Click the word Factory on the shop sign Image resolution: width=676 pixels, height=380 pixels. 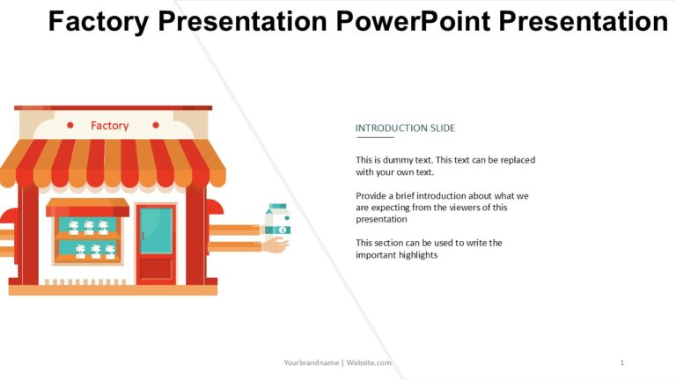[x=109, y=126]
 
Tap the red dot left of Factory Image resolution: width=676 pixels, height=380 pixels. [x=70, y=126]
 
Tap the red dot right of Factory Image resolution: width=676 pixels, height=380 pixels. [x=156, y=126]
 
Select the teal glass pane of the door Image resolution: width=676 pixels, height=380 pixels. [x=156, y=230]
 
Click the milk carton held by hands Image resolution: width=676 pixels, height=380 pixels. [x=277, y=219]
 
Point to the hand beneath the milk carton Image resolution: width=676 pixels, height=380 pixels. [x=276, y=245]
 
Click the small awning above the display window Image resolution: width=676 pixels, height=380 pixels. [x=87, y=208]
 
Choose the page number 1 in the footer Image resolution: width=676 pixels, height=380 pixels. [x=621, y=362]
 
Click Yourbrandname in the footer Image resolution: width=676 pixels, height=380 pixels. [x=312, y=362]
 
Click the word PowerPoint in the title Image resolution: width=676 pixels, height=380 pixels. [x=415, y=21]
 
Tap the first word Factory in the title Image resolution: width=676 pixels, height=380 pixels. [x=98, y=21]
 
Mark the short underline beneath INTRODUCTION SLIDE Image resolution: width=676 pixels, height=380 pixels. [x=374, y=138]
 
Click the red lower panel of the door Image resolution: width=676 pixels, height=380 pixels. [x=156, y=267]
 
